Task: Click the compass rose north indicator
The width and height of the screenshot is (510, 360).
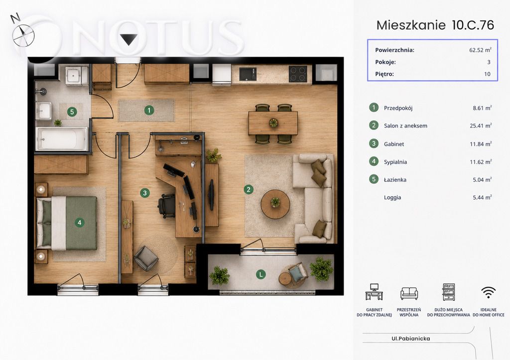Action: coord(23,34)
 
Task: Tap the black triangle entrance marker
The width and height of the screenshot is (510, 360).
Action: coord(129,39)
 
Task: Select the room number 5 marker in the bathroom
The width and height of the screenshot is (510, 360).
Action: coord(72,112)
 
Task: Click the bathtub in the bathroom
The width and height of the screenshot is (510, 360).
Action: coord(61,139)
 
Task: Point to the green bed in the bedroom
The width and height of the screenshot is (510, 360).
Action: coord(67,223)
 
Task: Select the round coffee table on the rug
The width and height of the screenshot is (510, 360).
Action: coord(275,204)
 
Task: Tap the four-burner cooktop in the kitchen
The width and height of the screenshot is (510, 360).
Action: coord(298,74)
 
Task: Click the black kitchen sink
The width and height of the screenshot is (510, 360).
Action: coord(248,74)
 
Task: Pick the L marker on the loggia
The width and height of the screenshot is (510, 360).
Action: coord(260,274)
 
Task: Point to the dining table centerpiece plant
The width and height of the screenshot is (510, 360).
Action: coord(273,122)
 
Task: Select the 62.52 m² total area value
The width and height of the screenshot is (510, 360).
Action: coord(480,50)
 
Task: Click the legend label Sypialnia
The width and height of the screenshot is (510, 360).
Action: coord(395,162)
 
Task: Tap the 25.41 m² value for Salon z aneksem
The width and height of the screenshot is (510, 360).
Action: coord(481,125)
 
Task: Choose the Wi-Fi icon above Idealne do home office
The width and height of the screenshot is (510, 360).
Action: coord(488,292)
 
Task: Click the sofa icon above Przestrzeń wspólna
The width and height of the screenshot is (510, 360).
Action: coord(409,293)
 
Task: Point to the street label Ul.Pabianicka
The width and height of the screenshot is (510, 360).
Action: coord(410,339)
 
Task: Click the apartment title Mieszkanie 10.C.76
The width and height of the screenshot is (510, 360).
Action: coord(435,25)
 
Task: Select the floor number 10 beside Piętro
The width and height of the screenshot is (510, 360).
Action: coord(487,74)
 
